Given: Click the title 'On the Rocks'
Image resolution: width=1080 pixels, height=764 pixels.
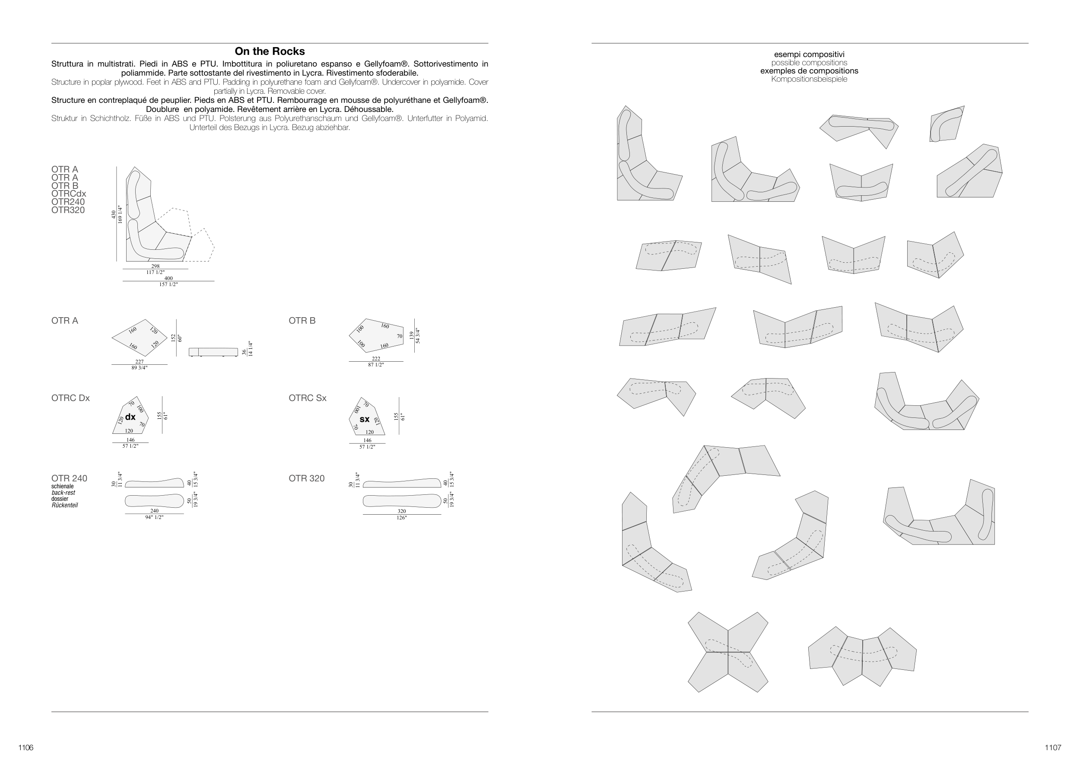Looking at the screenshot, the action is [270, 51].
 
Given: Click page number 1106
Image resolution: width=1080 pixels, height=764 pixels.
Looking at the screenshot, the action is [26, 748].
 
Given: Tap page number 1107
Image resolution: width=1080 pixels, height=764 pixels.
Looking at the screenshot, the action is [1053, 748].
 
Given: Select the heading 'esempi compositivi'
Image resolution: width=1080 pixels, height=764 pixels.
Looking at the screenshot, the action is [809, 54].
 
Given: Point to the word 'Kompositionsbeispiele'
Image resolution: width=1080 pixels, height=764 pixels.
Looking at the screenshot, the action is [809, 79].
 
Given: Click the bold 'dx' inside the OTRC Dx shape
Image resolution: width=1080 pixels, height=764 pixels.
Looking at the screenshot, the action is [130, 417].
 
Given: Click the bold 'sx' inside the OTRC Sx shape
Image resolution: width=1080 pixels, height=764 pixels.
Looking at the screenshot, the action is [365, 419].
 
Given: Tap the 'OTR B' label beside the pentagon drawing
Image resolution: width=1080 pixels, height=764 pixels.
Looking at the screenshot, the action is [302, 321].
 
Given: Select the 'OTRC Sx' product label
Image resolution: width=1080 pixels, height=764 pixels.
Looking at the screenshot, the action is [308, 398].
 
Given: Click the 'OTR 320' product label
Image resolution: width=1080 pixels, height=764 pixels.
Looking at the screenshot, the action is [307, 478].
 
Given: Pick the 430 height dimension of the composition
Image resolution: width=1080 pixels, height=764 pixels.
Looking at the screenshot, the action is [113, 214].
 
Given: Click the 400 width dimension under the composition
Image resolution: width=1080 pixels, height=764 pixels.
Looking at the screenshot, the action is [168, 278].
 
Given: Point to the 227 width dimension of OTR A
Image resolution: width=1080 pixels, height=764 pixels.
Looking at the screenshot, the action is [139, 362].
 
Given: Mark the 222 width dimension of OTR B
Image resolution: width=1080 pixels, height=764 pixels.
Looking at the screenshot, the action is [376, 359].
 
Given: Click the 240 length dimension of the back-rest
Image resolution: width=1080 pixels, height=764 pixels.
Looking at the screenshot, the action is [154, 511].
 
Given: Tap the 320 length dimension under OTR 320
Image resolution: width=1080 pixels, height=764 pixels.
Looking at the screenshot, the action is [402, 511].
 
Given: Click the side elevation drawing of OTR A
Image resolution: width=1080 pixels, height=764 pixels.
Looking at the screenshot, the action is [213, 352].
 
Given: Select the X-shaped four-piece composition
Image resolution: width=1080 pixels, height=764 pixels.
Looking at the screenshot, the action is [728, 652].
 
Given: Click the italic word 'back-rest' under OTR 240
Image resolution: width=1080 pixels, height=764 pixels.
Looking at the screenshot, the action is [64, 493].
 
